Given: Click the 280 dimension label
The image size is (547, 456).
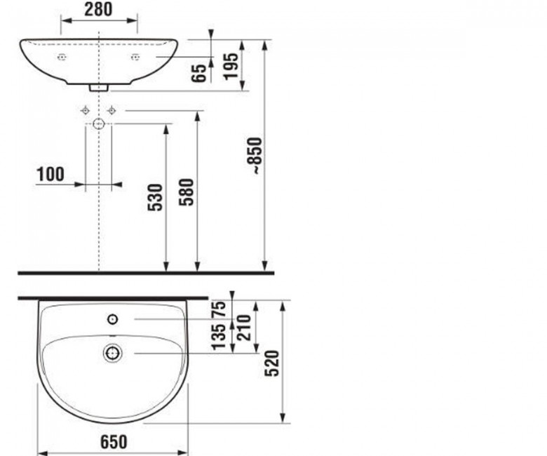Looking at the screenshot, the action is [98, 9].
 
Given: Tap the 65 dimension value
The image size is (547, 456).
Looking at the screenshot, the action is [199, 74].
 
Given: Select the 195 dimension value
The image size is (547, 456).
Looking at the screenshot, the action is [231, 66].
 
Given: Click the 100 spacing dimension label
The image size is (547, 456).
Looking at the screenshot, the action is [50, 174].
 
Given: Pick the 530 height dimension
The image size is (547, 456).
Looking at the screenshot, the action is [155, 197].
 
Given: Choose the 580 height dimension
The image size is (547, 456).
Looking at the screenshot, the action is [187, 192].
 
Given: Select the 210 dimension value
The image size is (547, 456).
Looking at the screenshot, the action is [244, 328].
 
